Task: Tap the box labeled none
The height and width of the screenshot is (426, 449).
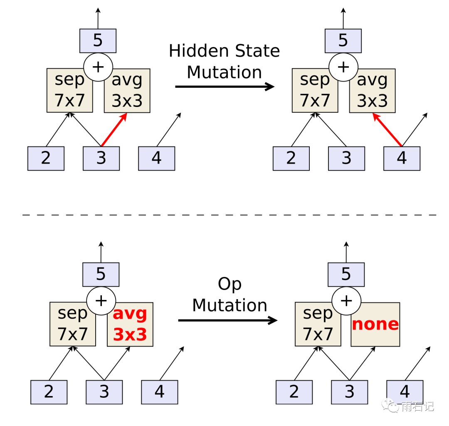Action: click(375, 324)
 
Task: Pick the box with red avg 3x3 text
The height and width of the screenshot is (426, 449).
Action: click(130, 324)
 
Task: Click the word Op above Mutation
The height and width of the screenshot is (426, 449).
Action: click(229, 284)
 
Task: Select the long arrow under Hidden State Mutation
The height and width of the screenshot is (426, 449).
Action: click(224, 87)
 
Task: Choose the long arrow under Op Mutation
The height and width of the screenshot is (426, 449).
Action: click(227, 320)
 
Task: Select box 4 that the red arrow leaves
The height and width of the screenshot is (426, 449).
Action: click(402, 159)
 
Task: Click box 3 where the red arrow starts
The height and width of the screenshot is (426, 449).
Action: click(101, 159)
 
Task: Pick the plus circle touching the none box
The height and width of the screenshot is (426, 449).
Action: click(346, 300)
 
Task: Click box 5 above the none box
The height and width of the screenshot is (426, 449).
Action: click(346, 275)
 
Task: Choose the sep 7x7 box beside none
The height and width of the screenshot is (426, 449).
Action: click(318, 324)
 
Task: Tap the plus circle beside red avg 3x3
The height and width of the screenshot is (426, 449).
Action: click(101, 300)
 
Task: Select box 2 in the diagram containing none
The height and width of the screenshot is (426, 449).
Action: click(294, 392)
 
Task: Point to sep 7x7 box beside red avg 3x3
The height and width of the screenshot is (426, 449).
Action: click(73, 324)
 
